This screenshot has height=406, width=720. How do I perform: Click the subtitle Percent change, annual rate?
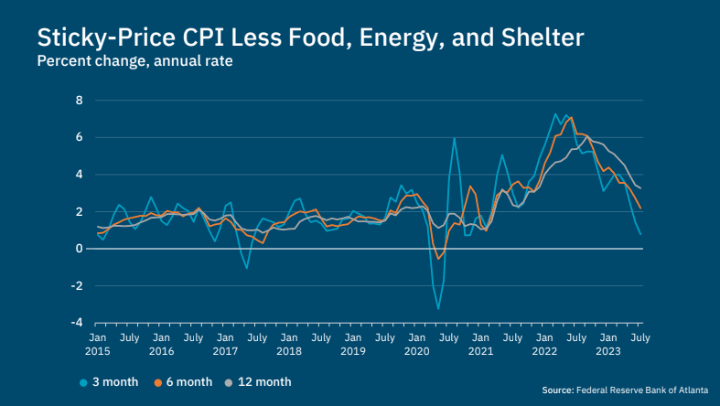click(x=134, y=63)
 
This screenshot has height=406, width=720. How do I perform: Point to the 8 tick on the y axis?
click(x=80, y=100)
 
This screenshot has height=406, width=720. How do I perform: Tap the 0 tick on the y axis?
click(x=80, y=249)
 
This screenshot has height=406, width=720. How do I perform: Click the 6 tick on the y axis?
click(x=80, y=137)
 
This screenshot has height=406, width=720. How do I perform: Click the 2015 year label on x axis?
click(x=97, y=351)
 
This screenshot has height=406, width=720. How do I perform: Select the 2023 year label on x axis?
click(x=607, y=351)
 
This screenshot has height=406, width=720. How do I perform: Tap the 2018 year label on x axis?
click(x=289, y=351)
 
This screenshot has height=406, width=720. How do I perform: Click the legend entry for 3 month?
click(x=108, y=382)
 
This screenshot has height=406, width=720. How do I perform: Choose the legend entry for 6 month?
click(x=183, y=382)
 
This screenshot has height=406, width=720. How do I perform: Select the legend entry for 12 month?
click(x=260, y=382)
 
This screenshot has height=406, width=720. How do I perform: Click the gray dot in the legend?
click(x=230, y=382)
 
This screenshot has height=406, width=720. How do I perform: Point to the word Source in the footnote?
click(x=556, y=390)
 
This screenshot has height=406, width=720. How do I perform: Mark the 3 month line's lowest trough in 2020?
click(x=438, y=308)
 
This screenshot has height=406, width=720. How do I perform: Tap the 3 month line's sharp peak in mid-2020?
click(x=454, y=139)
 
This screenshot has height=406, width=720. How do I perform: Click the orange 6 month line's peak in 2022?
click(x=571, y=117)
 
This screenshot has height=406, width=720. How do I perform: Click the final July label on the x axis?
click(x=640, y=338)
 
